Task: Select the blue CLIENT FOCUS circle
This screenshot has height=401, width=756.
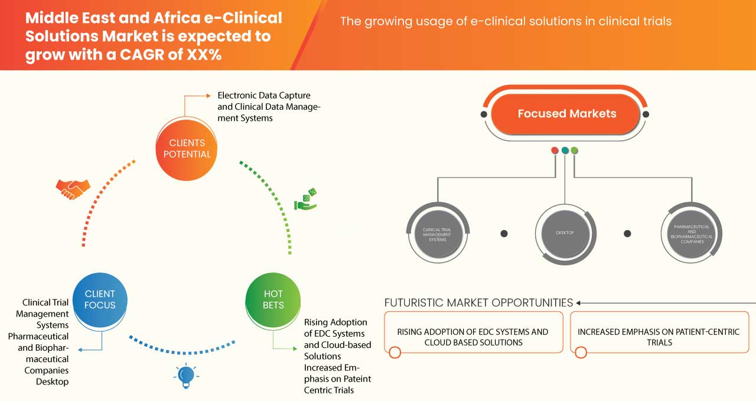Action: click(x=100, y=299)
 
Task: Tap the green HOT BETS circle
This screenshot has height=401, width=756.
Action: click(x=273, y=299)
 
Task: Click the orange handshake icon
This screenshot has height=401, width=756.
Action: click(x=73, y=188)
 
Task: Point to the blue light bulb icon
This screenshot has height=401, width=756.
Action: click(x=185, y=375)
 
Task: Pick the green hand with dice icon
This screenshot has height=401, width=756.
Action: click(x=305, y=199)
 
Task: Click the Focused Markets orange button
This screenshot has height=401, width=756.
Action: click(x=566, y=114)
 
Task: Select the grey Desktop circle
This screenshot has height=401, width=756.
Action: click(x=565, y=233)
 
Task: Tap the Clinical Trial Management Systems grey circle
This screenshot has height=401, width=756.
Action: click(x=438, y=233)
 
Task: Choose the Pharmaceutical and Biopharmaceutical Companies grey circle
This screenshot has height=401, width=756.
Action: click(x=690, y=233)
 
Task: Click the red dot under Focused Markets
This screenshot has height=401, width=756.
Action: click(x=555, y=150)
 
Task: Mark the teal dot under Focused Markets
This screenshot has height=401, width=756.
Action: click(x=565, y=150)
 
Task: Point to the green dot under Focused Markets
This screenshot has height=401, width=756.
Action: click(x=575, y=150)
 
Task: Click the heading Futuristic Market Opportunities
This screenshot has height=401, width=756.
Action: click(x=478, y=303)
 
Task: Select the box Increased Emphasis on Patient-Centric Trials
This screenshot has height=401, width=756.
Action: click(x=659, y=337)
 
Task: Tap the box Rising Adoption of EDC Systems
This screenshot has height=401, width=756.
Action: click(x=473, y=337)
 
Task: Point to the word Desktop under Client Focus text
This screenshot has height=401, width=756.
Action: click(x=52, y=382)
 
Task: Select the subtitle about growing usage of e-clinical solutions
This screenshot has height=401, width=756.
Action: click(x=506, y=22)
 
